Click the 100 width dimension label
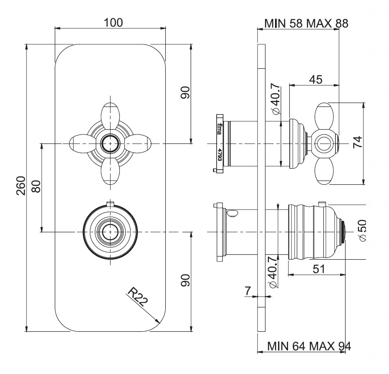coord(113,23)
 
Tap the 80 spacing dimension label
coord(36,186)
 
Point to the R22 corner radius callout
coord(137,297)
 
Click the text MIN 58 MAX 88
coord(306,23)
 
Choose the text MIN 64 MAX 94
coord(309,346)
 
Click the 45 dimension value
coord(316,80)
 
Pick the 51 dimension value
coord(319,269)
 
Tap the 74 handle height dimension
coord(358,142)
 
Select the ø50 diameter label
coord(362,230)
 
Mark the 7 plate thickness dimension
coord(248,291)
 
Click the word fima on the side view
coord(219,129)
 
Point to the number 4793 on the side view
coord(219,154)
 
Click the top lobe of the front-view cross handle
coord(111,115)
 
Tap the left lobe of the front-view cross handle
coord(83,144)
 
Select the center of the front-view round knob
coord(110,232)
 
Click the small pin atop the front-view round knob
coord(110,204)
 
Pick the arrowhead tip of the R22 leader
coord(160,323)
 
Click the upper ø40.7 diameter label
coord(275,99)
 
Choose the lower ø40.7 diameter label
coord(273,272)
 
